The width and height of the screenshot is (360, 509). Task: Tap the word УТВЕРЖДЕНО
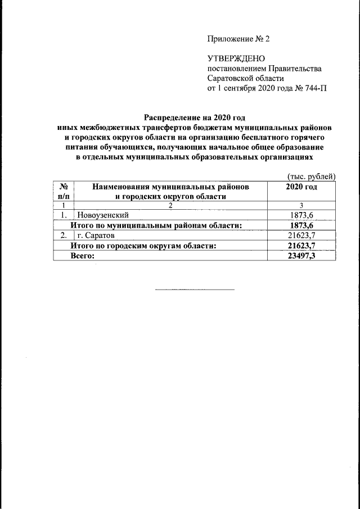[x=232, y=58]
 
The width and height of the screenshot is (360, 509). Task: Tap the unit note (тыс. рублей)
[x=311, y=176]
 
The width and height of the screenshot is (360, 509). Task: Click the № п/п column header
[x=64, y=191]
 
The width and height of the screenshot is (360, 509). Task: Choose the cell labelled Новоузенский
[x=103, y=215]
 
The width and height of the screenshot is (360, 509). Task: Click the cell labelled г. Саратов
[x=96, y=235]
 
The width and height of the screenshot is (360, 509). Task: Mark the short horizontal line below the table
[x=195, y=290]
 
